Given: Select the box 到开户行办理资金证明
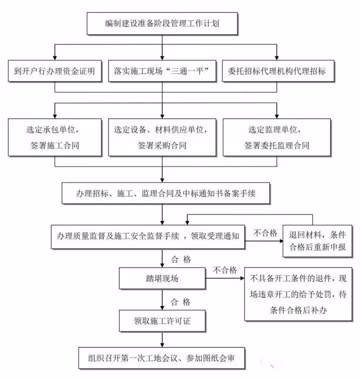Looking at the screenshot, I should [54, 71].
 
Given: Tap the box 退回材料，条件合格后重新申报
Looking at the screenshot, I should [313, 240].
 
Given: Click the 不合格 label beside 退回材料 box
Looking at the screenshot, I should [265, 232].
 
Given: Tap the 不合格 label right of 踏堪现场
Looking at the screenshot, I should [224, 270].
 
